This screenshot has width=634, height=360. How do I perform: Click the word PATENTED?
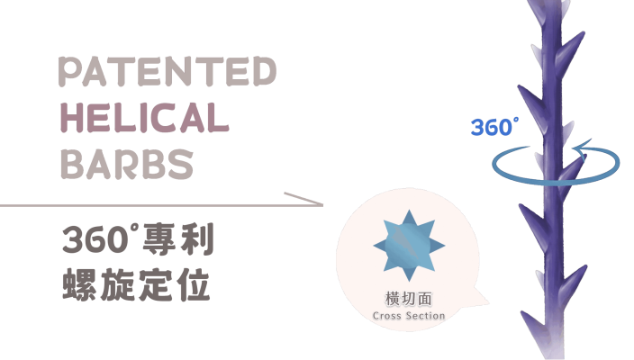(168, 72)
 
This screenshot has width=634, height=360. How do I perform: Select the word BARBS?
(126, 164)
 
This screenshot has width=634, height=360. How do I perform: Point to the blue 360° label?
(494, 127)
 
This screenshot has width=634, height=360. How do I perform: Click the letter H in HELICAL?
(71, 118)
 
